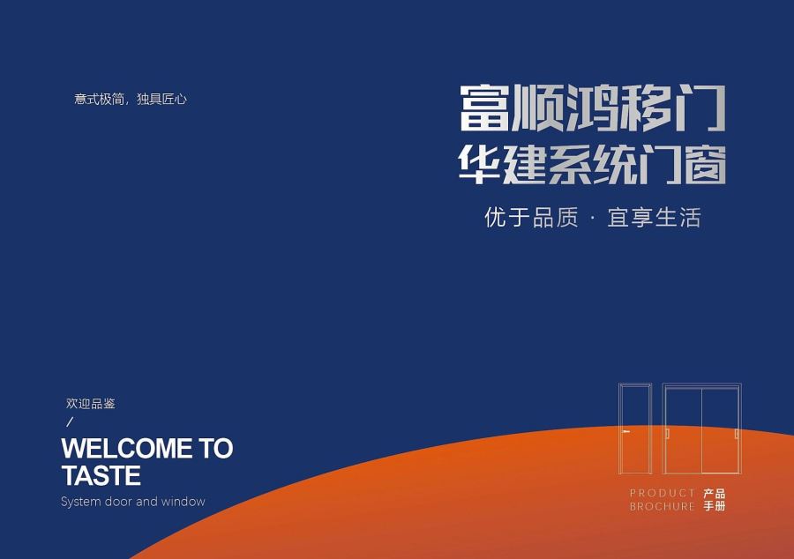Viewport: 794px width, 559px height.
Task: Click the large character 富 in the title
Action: tap(483, 108)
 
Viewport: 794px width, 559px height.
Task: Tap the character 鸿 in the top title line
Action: tap(591, 108)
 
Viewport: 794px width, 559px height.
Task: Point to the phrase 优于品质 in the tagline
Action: tap(531, 218)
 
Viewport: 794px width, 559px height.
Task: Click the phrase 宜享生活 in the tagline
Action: tap(654, 218)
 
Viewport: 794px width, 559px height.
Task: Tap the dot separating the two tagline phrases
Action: tap(592, 218)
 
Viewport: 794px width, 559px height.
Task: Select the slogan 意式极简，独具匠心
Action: tap(131, 99)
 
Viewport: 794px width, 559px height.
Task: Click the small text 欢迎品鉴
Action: tap(91, 404)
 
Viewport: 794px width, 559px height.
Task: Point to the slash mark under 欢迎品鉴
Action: tap(70, 421)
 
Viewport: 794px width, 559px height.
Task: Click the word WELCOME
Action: tap(126, 448)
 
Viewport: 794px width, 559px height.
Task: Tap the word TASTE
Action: tap(101, 475)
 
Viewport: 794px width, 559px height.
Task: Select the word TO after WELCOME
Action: tap(215, 448)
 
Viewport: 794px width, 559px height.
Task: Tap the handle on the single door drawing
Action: tap(625, 431)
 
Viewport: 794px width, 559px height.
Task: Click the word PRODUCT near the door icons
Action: tap(662, 493)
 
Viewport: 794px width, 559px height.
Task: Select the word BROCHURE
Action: tap(662, 506)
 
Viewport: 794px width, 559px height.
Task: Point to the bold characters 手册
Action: tap(715, 506)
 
